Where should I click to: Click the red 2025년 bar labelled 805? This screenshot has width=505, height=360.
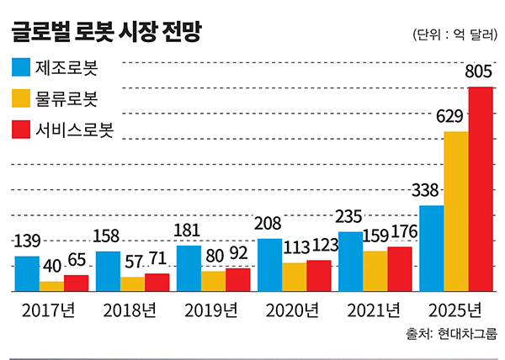481,189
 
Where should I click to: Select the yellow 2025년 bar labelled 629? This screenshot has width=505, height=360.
456,211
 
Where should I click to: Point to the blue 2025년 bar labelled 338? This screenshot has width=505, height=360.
432,248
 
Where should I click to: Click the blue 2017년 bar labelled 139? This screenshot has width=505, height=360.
27,273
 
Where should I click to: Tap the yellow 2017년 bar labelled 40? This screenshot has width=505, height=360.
51,286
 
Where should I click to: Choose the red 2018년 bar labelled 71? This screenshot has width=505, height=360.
157,283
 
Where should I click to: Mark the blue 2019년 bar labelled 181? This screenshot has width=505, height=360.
189,268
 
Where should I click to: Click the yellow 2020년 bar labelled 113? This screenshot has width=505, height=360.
294,277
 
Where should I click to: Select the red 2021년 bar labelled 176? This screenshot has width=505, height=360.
400,268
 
